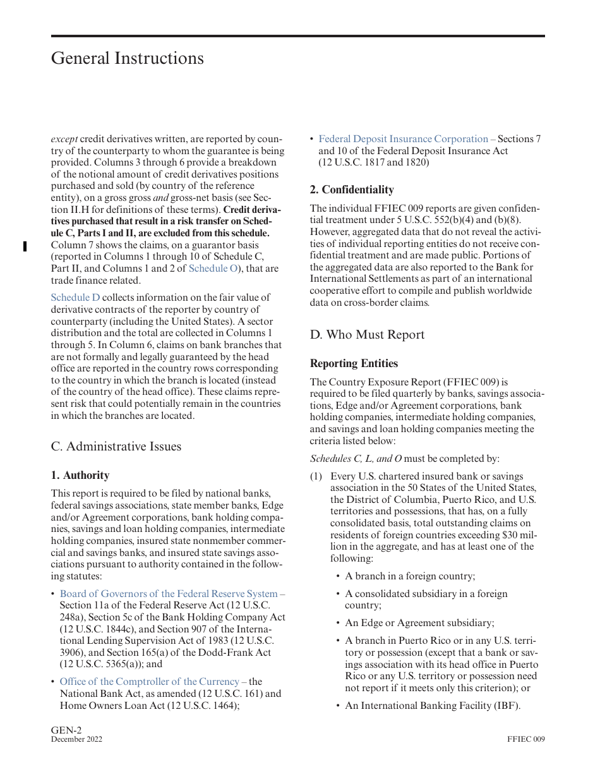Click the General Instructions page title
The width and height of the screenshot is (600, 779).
tap(127, 58)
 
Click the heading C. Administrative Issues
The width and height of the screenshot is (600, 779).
tap(116, 446)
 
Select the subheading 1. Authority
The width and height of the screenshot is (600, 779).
tap(80, 475)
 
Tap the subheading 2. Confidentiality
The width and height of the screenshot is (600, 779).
tap(351, 190)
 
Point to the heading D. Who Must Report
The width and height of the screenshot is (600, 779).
tap(367, 334)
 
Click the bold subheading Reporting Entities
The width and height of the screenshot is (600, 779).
tap(354, 363)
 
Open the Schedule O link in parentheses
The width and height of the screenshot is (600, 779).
tap(212, 269)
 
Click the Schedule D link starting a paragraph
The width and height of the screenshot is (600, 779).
tap(75, 298)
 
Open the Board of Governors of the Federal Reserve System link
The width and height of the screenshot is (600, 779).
tap(172, 594)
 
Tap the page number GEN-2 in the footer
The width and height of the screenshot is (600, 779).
tap(66, 730)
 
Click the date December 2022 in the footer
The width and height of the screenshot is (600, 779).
tap(76, 739)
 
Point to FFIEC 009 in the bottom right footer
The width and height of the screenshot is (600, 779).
tap(525, 739)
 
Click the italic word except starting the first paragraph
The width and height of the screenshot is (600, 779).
tap(64, 139)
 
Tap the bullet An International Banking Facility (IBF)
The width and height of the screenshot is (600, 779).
tap(432, 706)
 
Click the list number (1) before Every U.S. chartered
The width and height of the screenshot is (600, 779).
tap(316, 476)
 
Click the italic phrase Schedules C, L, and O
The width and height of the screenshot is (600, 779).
tap(356, 459)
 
